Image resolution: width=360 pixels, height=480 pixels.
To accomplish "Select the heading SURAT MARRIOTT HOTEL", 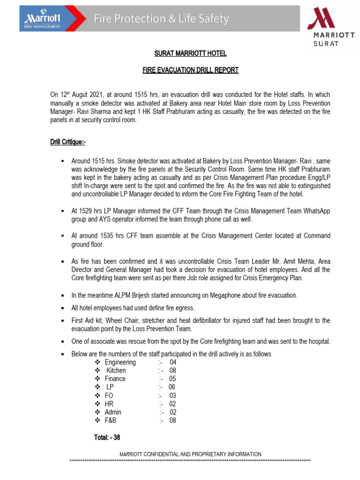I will [x=190, y=53].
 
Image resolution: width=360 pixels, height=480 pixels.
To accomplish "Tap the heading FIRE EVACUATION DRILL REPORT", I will [x=190, y=70].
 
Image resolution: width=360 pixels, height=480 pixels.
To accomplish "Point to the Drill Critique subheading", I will [x=68, y=142].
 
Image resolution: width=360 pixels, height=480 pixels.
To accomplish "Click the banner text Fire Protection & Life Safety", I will [x=161, y=19].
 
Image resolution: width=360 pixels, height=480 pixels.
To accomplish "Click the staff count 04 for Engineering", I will [x=173, y=362].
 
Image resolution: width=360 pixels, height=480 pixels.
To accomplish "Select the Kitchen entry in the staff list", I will [x=116, y=370].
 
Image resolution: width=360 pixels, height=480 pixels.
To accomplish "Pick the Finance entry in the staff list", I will [x=115, y=379].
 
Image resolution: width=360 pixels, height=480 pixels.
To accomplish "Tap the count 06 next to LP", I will [x=172, y=387].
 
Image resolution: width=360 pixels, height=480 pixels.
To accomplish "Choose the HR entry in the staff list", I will [x=109, y=404].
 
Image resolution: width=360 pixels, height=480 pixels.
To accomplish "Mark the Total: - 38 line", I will [x=107, y=437].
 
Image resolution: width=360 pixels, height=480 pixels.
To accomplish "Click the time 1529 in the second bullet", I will [x=86, y=211].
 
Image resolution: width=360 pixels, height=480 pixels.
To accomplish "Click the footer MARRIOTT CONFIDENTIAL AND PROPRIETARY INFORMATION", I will [x=190, y=454].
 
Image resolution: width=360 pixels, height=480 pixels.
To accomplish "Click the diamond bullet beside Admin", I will [x=97, y=412].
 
